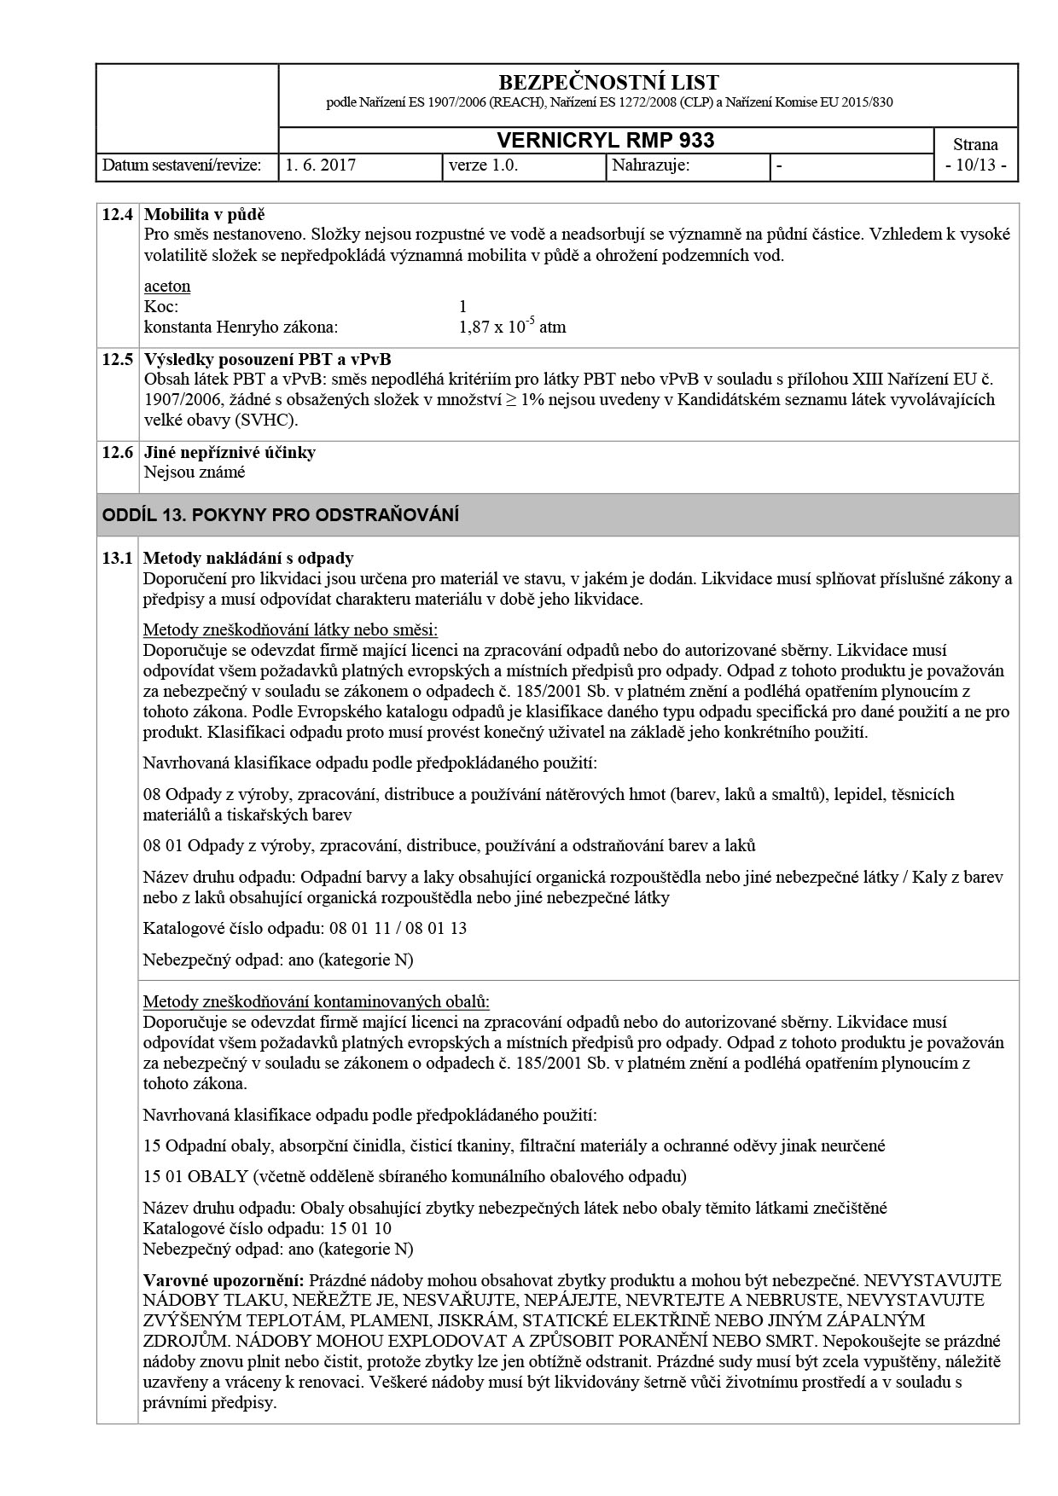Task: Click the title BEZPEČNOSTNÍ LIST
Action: click(607, 83)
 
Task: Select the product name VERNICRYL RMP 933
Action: click(605, 141)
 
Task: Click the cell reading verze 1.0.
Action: click(483, 165)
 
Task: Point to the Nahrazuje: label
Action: click(650, 165)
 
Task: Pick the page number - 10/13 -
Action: click(975, 165)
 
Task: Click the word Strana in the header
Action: click(975, 144)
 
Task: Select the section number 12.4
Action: click(117, 214)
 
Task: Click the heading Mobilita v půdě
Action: click(205, 214)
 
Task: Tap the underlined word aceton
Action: click(166, 286)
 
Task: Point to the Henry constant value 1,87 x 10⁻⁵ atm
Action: click(512, 327)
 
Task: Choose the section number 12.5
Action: click(117, 359)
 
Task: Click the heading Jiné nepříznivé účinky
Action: click(230, 452)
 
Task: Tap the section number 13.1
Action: click(117, 559)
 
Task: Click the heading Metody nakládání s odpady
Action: click(248, 559)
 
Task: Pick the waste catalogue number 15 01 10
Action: click(359, 1229)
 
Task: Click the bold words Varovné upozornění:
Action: click(224, 1280)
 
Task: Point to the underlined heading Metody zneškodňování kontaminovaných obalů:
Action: click(317, 1001)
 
